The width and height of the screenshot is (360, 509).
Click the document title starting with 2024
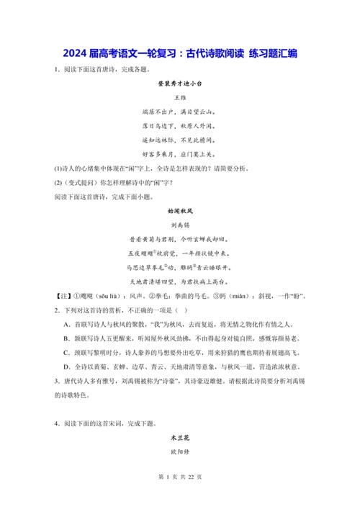click(x=180, y=53)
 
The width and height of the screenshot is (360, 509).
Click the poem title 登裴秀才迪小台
click(x=180, y=84)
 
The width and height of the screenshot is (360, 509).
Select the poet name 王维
click(x=180, y=97)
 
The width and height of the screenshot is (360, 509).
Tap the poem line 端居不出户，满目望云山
click(x=180, y=112)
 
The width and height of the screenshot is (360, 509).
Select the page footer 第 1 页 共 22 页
click(x=180, y=496)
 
